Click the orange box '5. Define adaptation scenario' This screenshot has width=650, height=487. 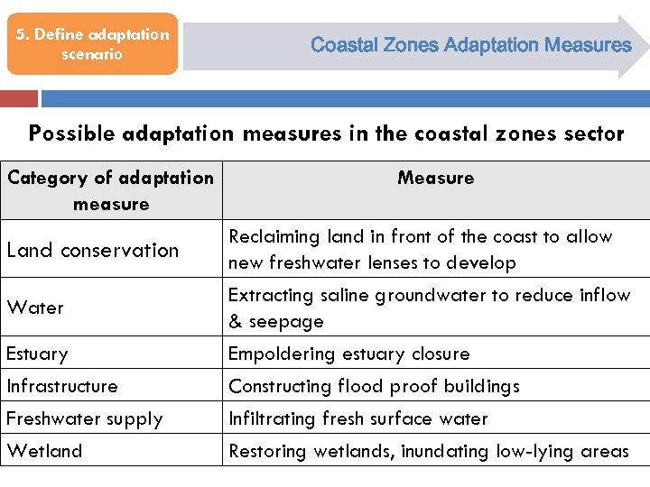92,44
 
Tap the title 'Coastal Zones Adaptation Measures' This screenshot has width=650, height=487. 470,44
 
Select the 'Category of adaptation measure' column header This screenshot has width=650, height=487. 111,190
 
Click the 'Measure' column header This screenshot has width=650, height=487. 435,178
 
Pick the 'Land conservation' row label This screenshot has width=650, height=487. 93,250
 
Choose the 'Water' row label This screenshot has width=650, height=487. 35,308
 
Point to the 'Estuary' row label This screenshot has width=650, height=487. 37,354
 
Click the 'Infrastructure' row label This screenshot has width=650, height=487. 62,386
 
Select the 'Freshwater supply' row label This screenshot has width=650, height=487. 85,418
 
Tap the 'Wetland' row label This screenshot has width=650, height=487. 44,451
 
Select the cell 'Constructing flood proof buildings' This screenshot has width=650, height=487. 374,386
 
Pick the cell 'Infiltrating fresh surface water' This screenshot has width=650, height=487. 357,418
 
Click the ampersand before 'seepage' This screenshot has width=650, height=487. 235,322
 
